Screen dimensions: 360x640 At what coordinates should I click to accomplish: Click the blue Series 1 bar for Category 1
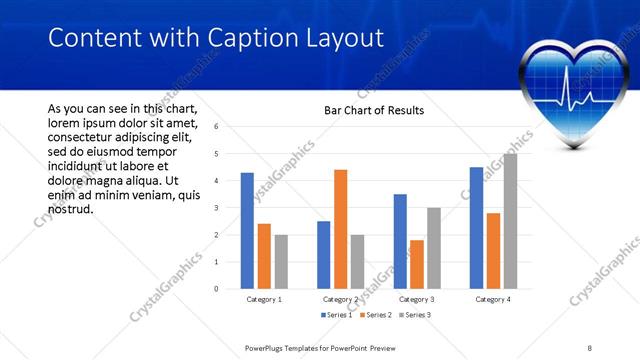coord(247,231)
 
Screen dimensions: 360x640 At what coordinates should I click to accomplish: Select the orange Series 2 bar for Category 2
coord(340,229)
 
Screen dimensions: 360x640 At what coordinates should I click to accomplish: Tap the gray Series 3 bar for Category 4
coord(510,221)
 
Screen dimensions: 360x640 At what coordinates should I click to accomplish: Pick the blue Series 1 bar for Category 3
coord(400,241)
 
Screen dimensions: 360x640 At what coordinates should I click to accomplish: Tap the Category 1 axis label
coord(264,299)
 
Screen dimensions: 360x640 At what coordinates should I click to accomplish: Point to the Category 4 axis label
coord(493,299)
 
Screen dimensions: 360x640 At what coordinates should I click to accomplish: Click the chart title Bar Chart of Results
coord(374,110)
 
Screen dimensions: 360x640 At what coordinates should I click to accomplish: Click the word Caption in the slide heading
coord(249,38)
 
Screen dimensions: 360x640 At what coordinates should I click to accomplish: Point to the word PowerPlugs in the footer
coord(267,348)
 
